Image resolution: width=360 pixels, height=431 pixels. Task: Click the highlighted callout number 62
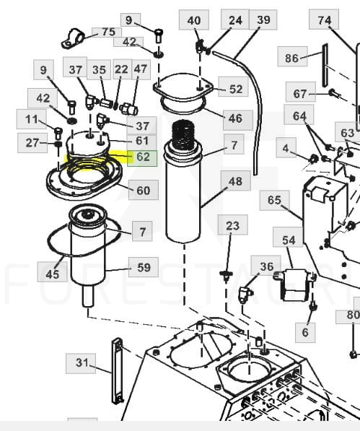click(142, 158)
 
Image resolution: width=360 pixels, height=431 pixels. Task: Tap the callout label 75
click(107, 32)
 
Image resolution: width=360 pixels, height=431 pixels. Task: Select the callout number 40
click(194, 20)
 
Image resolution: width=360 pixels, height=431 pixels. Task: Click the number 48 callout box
click(236, 180)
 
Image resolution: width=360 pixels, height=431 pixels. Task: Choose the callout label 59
click(144, 267)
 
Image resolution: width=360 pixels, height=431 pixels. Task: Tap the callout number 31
click(81, 363)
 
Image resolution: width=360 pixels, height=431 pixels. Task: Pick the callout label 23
click(232, 225)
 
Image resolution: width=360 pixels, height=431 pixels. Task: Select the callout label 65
click(274, 200)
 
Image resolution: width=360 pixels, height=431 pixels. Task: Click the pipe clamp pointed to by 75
click(72, 39)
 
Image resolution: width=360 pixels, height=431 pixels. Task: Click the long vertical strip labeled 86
click(325, 66)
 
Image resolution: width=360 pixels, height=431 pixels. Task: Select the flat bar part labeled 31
click(118, 371)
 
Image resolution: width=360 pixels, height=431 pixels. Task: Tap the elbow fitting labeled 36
click(245, 294)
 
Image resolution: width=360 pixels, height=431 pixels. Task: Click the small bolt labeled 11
click(58, 134)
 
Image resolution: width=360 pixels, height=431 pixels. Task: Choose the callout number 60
click(144, 190)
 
